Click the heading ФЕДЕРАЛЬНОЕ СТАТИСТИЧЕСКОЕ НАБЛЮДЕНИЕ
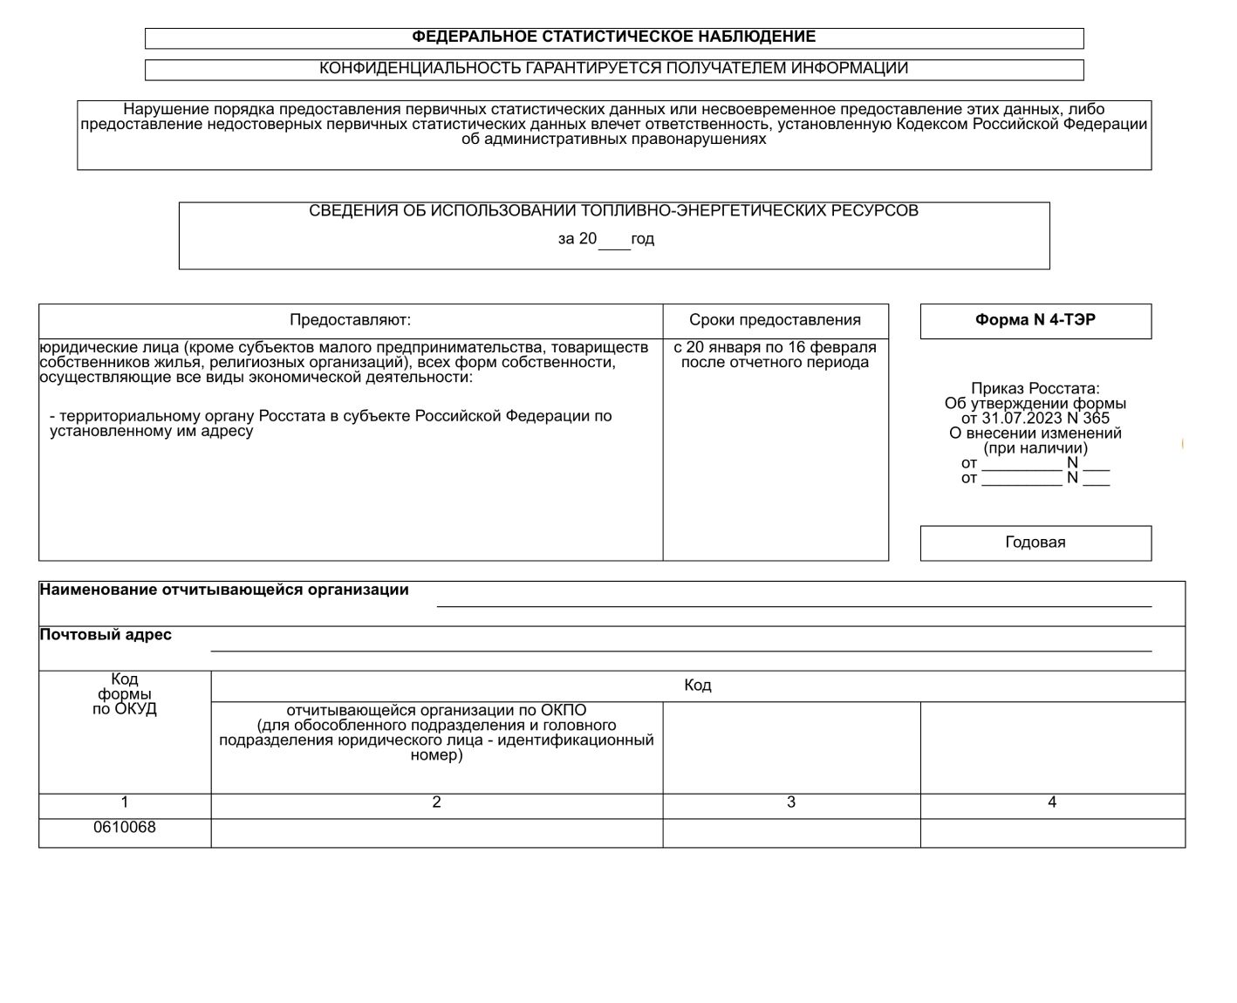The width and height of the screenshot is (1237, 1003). coord(613,37)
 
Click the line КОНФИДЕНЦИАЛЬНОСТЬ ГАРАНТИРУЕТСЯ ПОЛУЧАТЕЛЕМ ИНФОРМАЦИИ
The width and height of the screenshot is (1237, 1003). coord(613,68)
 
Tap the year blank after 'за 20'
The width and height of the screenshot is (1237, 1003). coord(614,241)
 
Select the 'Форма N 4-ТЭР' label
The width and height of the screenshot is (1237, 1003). coord(1035,320)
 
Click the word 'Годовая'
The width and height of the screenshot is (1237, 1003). coord(1035,542)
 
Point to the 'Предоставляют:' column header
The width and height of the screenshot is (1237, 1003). coord(350,320)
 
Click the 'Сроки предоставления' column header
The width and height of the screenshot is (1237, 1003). coord(775,320)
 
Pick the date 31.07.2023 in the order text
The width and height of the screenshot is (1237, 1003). coord(1019,419)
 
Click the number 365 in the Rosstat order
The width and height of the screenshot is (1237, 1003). coord(1097,419)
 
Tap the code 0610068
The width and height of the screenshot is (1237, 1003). coord(125,828)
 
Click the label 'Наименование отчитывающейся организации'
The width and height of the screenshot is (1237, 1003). coord(224,590)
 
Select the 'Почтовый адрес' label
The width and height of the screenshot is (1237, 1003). coord(106,635)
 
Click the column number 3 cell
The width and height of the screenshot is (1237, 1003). coord(791,802)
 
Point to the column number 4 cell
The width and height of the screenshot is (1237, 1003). coord(1052,802)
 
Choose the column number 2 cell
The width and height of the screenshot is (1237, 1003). coord(436,802)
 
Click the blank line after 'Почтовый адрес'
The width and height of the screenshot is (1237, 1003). coord(680,646)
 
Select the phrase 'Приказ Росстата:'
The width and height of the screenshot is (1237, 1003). coord(1035,389)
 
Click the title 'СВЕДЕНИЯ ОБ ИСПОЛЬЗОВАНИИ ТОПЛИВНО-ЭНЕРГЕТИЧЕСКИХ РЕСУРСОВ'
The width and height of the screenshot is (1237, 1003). coord(613,211)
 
